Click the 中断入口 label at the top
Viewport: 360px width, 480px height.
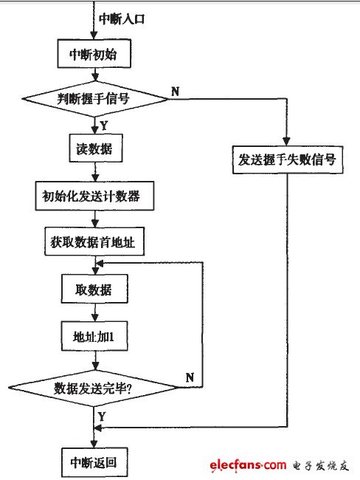[126, 17]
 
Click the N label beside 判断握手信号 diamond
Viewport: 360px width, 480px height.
[175, 91]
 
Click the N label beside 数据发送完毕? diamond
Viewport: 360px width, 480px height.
[190, 377]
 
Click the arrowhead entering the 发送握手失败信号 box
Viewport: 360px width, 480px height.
[286, 144]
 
